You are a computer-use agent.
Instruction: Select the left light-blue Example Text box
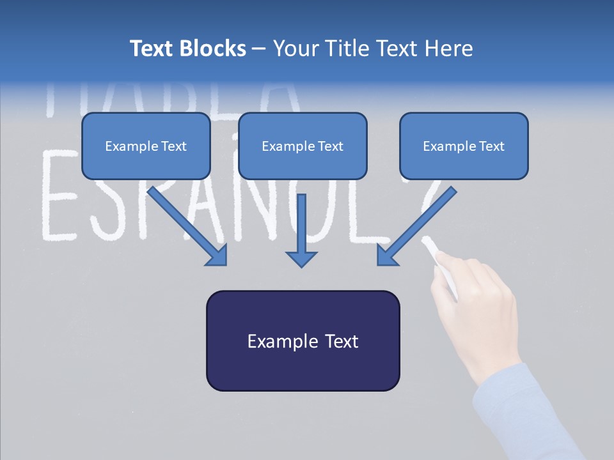[146, 146]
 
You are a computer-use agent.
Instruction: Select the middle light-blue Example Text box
[303, 146]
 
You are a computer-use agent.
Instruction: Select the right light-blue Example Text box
[464, 146]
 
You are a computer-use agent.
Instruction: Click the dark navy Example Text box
[303, 341]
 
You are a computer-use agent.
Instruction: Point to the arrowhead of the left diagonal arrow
[217, 256]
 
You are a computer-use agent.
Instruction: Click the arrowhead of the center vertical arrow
[301, 258]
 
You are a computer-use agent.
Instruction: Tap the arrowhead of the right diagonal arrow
[386, 256]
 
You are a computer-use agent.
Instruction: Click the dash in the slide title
[259, 49]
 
